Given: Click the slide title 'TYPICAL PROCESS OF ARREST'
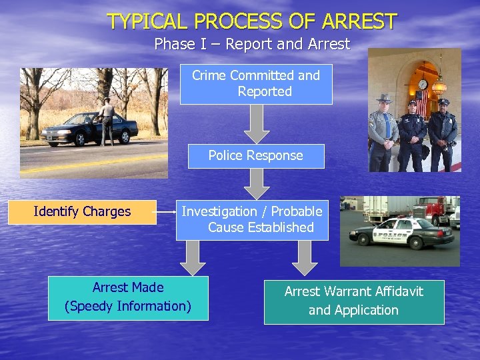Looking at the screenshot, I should [x=252, y=21].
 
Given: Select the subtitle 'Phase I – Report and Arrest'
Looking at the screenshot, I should [x=252, y=45].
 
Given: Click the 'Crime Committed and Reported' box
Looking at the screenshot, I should [x=256, y=84].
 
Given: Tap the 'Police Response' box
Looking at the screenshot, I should [x=256, y=156].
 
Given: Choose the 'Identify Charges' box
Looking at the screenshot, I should [x=82, y=212].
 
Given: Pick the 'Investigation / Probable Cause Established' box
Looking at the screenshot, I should [x=252, y=219].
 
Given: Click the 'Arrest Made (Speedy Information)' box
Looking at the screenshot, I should [x=128, y=297].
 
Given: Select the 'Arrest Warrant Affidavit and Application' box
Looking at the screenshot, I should [x=354, y=301].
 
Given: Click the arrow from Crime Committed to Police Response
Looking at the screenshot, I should [x=257, y=123].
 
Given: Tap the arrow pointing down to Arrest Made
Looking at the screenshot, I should [x=193, y=257].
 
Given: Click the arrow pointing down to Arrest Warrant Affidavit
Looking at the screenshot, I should [x=305, y=257].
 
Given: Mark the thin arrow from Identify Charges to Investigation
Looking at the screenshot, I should [x=166, y=212].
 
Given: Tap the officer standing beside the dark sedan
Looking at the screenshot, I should [x=106, y=120].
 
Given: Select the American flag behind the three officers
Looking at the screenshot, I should [x=421, y=101].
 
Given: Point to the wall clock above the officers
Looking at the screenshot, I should [x=423, y=84].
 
